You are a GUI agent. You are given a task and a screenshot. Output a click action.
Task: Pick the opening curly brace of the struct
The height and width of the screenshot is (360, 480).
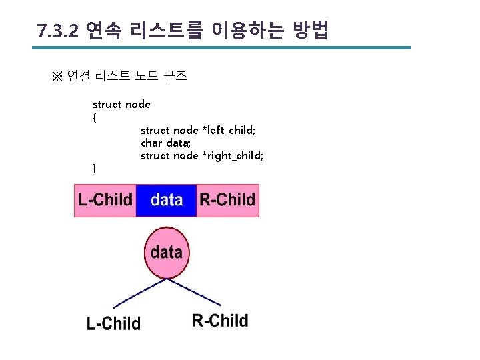pyautogui.click(x=95, y=117)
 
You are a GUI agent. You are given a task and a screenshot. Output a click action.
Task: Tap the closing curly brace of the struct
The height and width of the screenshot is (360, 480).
pyautogui.click(x=95, y=169)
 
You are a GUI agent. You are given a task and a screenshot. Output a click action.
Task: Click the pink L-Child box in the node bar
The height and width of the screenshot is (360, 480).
pyautogui.click(x=105, y=200)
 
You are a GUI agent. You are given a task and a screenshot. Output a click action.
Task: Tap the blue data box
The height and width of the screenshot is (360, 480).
pyautogui.click(x=166, y=200)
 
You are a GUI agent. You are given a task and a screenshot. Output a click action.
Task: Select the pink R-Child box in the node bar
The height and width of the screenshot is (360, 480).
pyautogui.click(x=227, y=200)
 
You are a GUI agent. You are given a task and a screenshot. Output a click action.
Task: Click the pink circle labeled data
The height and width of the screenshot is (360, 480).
pyautogui.click(x=167, y=253)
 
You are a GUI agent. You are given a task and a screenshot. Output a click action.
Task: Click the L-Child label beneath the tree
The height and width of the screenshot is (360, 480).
pyautogui.click(x=113, y=324)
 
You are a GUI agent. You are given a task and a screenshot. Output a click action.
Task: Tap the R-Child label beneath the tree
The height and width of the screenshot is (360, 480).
pyautogui.click(x=220, y=321)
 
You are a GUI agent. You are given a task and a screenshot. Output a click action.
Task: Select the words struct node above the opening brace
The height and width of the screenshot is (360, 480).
pyautogui.click(x=121, y=105)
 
